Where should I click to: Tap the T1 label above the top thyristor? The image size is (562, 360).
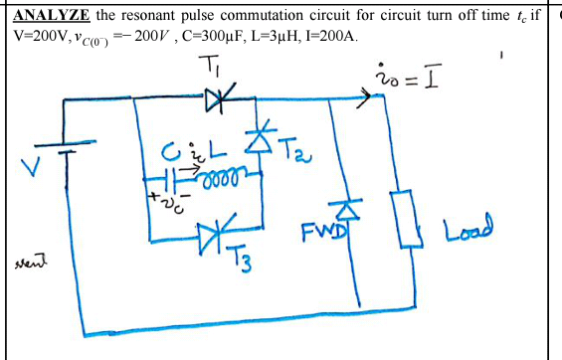pyautogui.click(x=215, y=68)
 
